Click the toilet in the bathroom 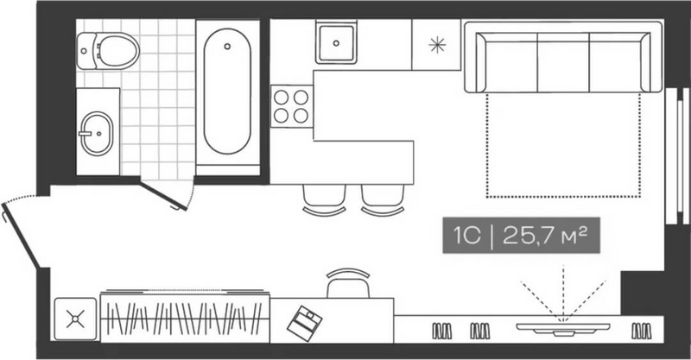tap(108, 51)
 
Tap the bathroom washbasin tap(97, 134)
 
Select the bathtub tap(227, 92)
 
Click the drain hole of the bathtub tap(227, 46)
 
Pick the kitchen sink tap(336, 43)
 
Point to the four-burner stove tap(291, 106)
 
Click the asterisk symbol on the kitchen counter tap(437, 45)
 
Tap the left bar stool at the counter tap(324, 200)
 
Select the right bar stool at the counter tap(383, 200)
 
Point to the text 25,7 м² tap(545, 236)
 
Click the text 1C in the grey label tap(467, 236)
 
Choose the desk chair tap(348, 283)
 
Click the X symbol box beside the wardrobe tap(75, 319)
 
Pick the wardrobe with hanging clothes tap(185, 316)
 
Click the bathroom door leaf tap(164, 196)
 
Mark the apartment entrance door tap(22, 235)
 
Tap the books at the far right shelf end tap(641, 331)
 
